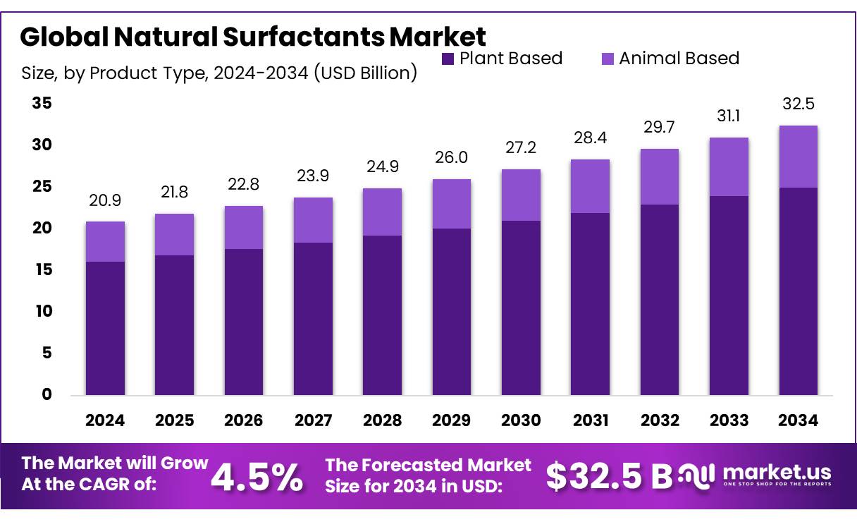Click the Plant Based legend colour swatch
(448, 59)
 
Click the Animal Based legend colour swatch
(607, 59)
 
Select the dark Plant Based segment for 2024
(105, 328)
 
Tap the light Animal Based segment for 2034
(799, 157)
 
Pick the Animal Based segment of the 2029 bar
(452, 204)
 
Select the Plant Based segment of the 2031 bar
(590, 303)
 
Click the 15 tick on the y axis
(42, 270)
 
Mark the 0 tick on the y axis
(47, 394)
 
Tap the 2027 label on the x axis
(313, 420)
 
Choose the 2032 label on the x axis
(660, 420)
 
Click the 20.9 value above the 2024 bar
(105, 201)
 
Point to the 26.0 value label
(452, 157)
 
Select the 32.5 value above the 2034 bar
(799, 104)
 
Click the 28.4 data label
(590, 139)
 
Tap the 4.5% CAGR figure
(257, 478)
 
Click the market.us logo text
(777, 472)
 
